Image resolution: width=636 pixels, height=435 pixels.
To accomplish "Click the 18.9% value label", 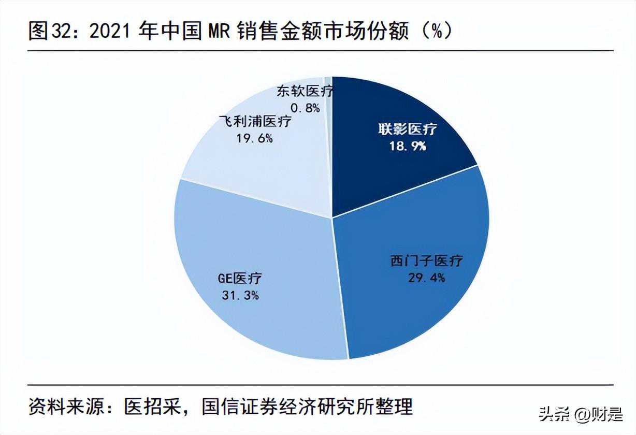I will [x=408, y=146].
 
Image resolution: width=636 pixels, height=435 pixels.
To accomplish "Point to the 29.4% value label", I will [x=426, y=278].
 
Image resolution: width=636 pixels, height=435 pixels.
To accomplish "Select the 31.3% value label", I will [x=239, y=296].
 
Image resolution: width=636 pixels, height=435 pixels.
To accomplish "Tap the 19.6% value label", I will [x=254, y=138].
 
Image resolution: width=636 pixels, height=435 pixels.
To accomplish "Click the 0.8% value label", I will [x=305, y=108].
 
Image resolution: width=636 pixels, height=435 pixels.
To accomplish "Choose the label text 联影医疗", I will [x=408, y=129].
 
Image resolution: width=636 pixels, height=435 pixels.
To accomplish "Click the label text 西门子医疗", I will [x=426, y=261].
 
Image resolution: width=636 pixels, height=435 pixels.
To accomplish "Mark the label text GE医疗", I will [x=240, y=279].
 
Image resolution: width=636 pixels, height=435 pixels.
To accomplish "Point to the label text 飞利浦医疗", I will [x=255, y=122].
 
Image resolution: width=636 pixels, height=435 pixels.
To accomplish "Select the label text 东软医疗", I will [x=305, y=92].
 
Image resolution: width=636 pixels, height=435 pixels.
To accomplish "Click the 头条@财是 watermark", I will [x=581, y=414].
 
